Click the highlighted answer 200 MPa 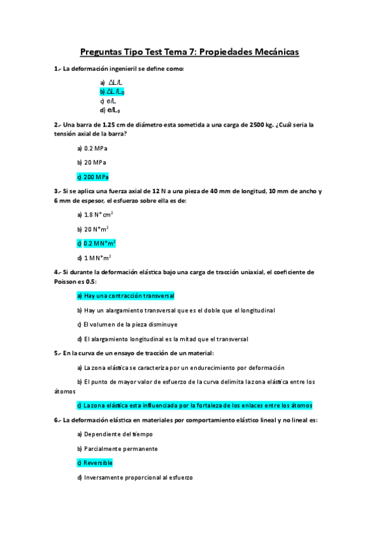pos(92,177)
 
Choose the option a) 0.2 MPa pos(92,148)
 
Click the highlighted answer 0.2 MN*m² pos(96,243)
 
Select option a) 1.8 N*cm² pos(95,214)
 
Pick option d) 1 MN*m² pos(94,258)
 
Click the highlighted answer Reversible pos(94,463)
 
